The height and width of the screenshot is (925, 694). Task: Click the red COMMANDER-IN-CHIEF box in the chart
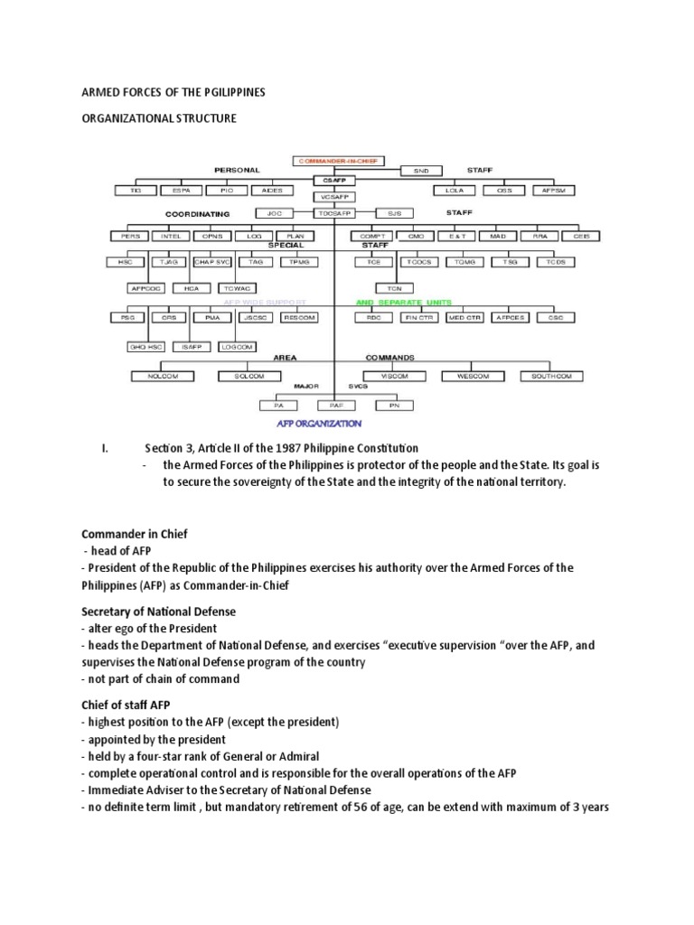pos(338,162)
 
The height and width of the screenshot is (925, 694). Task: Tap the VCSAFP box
pos(335,196)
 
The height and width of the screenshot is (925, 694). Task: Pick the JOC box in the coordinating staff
pos(276,214)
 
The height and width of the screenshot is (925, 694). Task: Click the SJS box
pos(393,214)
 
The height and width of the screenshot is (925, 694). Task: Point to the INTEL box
pos(171,236)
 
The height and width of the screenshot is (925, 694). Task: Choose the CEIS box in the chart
pos(580,236)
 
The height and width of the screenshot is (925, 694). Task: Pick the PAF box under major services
pos(335,406)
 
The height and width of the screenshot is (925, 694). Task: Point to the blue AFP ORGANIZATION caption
pos(320,423)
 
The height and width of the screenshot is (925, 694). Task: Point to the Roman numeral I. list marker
pos(104,448)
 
